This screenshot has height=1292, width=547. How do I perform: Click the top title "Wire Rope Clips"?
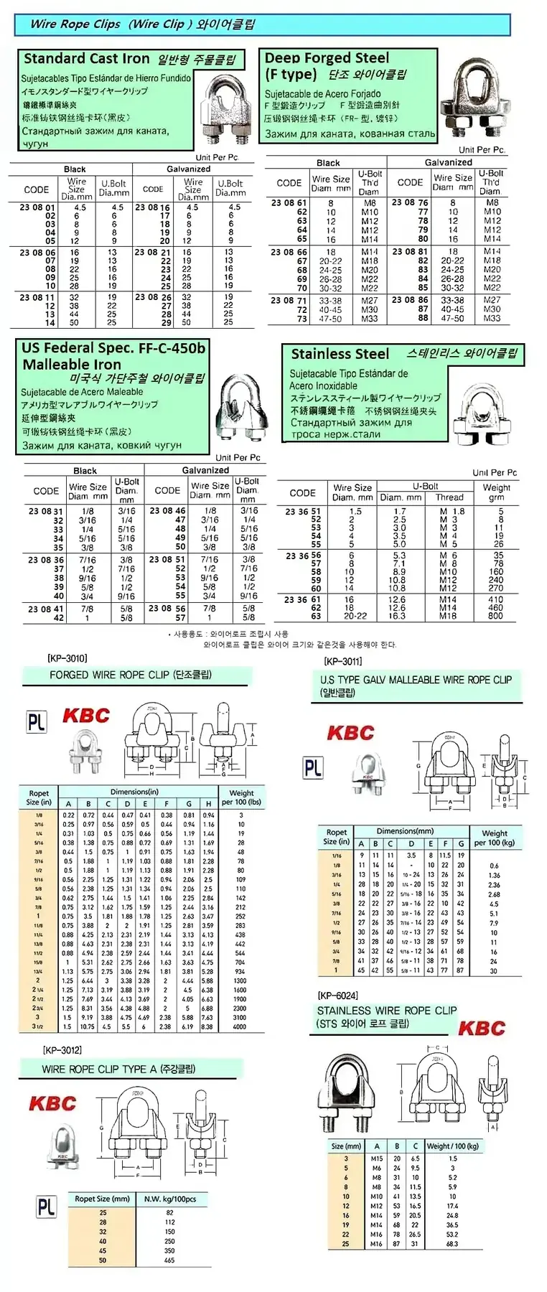point(75,24)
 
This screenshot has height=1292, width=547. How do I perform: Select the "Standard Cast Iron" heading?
point(86,59)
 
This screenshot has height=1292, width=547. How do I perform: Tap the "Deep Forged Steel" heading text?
point(327,58)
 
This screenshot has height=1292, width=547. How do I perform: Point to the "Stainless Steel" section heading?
point(340,354)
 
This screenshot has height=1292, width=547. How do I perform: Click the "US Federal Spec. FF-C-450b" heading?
point(113,348)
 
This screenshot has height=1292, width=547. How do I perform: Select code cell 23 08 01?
point(37,207)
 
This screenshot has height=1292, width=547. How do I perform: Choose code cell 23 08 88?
point(423,318)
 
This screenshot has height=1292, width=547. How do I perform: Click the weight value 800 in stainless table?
point(496,615)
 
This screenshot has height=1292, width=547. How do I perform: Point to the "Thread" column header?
point(449,497)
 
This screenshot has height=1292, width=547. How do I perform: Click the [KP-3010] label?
point(67,657)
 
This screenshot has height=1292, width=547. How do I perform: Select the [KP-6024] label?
point(337,996)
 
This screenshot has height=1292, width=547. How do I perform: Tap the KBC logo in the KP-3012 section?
point(52,1103)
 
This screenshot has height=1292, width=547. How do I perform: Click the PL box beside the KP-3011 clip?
point(313,768)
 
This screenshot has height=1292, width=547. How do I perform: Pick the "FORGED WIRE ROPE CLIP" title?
point(109,675)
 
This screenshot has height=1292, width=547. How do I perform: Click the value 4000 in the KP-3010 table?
point(240,1026)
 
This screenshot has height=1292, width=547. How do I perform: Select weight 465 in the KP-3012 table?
point(169,1260)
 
